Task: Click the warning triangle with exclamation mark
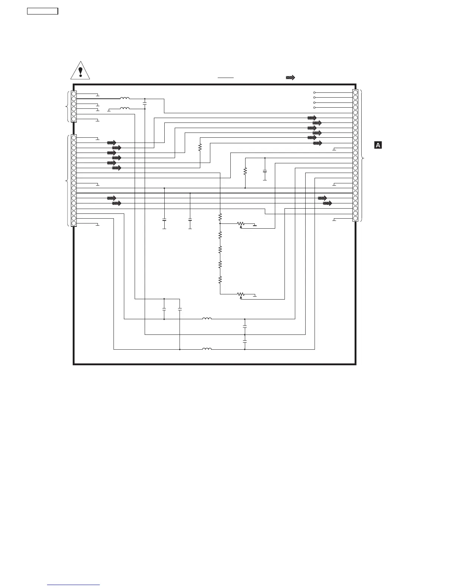[80, 70]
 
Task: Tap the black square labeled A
[378, 145]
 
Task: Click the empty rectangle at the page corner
[43, 11]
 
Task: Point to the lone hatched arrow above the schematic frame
[290, 78]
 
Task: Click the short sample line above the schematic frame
[226, 78]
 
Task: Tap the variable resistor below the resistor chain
[241, 295]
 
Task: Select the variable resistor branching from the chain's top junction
[241, 224]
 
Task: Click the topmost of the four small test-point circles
[315, 92]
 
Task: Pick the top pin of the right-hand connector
[355, 92]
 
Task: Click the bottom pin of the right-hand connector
[355, 218]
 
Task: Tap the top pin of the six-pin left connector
[74, 94]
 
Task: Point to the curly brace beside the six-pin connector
[67, 107]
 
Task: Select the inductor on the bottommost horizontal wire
[207, 349]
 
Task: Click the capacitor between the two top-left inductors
[145, 104]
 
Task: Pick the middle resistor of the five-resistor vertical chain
[220, 249]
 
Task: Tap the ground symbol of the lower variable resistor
[255, 296]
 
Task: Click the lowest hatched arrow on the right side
[327, 203]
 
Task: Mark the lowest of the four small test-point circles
[315, 107]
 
